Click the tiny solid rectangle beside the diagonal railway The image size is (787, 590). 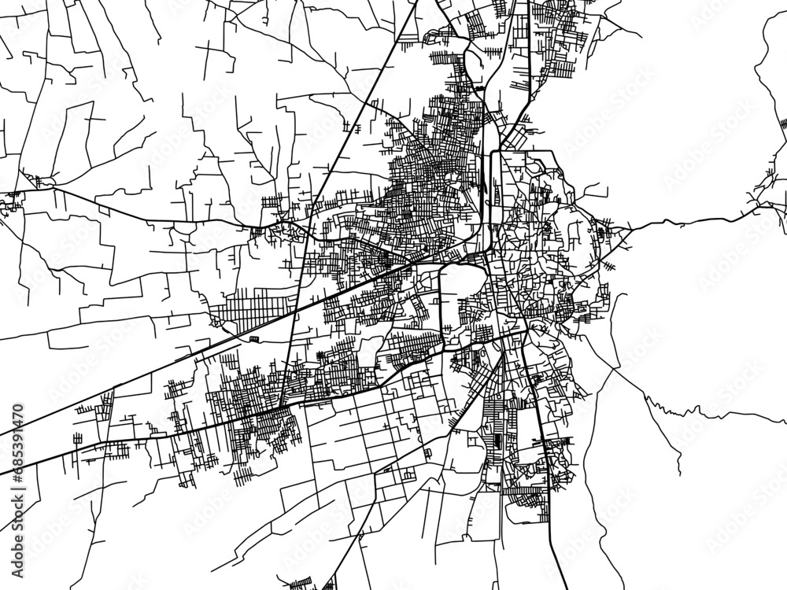[x=254, y=338]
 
